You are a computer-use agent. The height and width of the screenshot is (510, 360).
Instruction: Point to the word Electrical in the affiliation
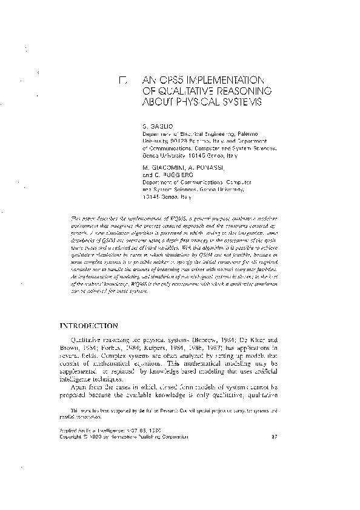pos(184,132)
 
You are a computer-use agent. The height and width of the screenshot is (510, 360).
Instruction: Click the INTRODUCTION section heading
pos(90,326)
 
